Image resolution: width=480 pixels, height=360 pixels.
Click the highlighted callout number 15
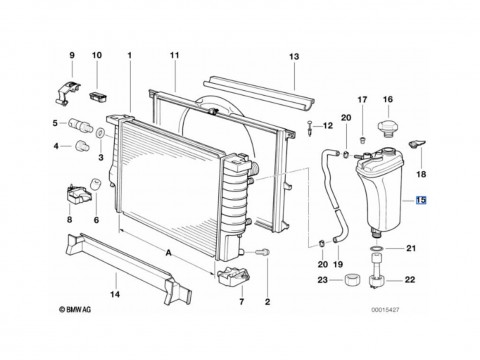tap(421, 200)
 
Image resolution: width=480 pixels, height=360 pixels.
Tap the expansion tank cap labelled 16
tap(388, 128)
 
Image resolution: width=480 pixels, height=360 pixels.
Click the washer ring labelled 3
tap(100, 133)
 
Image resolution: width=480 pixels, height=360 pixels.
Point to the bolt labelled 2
tap(263, 252)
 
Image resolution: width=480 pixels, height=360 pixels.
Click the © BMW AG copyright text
tap(75, 310)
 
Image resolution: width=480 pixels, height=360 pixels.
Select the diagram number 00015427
tap(385, 310)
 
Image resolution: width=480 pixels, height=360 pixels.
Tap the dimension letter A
tap(169, 253)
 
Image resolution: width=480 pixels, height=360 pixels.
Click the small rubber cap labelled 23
tap(353, 279)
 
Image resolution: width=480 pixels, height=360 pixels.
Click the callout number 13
tap(294, 57)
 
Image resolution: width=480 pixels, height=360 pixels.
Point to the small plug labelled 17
tap(362, 139)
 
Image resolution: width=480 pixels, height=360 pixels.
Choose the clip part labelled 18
tap(416, 144)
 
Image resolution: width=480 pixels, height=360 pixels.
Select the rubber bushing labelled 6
tap(95, 184)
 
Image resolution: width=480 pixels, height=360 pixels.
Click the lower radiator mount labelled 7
tap(234, 276)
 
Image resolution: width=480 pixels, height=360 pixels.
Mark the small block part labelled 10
tap(98, 97)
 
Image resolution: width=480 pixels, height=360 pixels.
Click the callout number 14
tap(115, 294)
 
